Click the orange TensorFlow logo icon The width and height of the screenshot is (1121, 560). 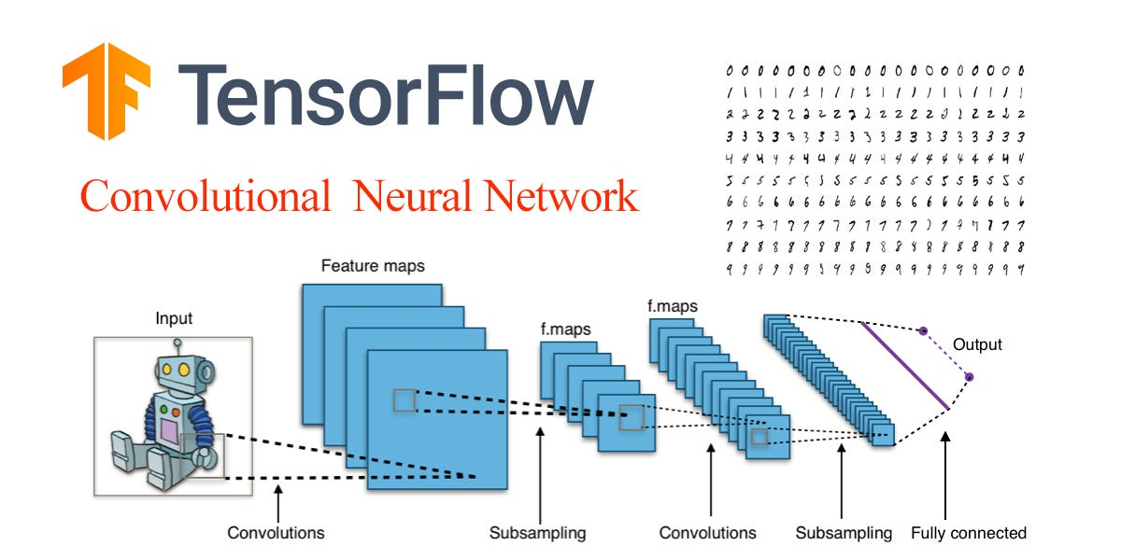(106, 91)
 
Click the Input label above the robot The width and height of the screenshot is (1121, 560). (173, 319)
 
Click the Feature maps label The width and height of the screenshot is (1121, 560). (372, 266)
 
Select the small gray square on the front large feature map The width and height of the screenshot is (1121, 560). (404, 400)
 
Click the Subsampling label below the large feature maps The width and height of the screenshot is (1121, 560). (537, 534)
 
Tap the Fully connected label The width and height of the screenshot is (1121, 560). (969, 534)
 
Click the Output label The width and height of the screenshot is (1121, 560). (976, 345)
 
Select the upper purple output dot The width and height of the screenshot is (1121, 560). (923, 331)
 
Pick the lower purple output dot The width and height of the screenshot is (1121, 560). (969, 377)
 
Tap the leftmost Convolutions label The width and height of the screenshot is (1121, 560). (276, 534)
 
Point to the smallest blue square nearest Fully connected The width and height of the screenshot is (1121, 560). (883, 434)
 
